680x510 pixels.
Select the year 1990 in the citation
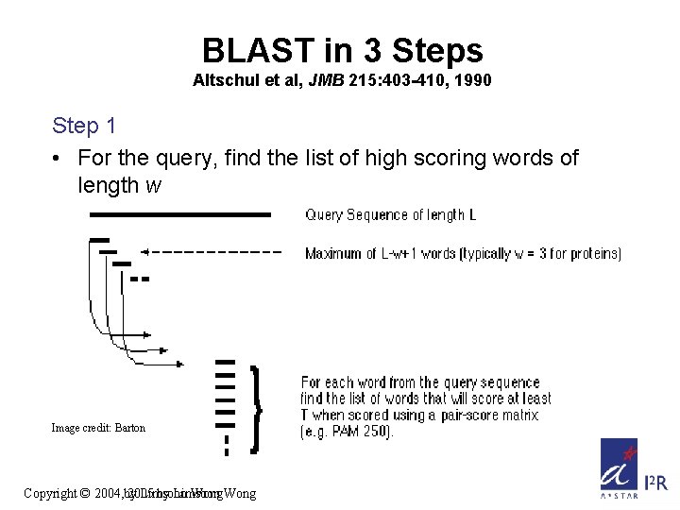tap(473, 81)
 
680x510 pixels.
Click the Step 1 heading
tap(84, 126)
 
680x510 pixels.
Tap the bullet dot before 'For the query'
tap(59, 158)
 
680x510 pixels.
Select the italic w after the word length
tap(153, 185)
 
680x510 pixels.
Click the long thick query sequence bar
tap(180, 215)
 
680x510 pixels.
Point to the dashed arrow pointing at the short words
tap(212, 252)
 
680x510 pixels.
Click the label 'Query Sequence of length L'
tap(390, 215)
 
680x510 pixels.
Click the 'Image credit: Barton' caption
tap(98, 428)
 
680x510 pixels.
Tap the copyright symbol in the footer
tap(84, 493)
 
